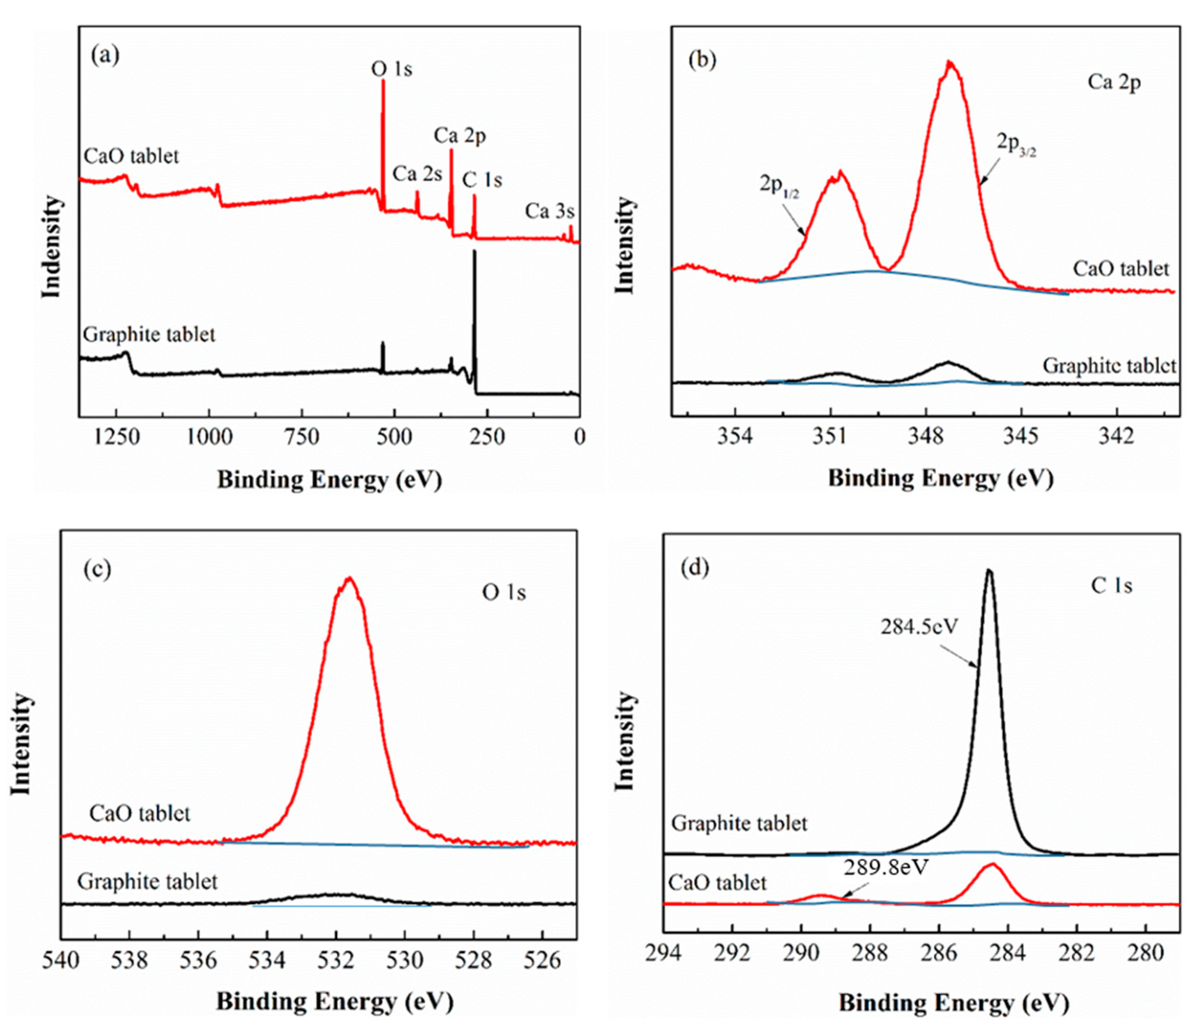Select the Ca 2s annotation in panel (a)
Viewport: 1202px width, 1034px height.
tap(417, 173)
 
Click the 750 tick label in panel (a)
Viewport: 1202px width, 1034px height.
tap(302, 436)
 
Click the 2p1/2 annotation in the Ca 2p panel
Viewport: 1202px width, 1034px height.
tap(779, 187)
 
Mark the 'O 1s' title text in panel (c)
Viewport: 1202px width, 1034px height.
tap(504, 592)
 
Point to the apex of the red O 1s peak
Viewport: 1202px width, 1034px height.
tap(349, 578)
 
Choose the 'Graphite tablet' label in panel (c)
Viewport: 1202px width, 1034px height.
tap(147, 881)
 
